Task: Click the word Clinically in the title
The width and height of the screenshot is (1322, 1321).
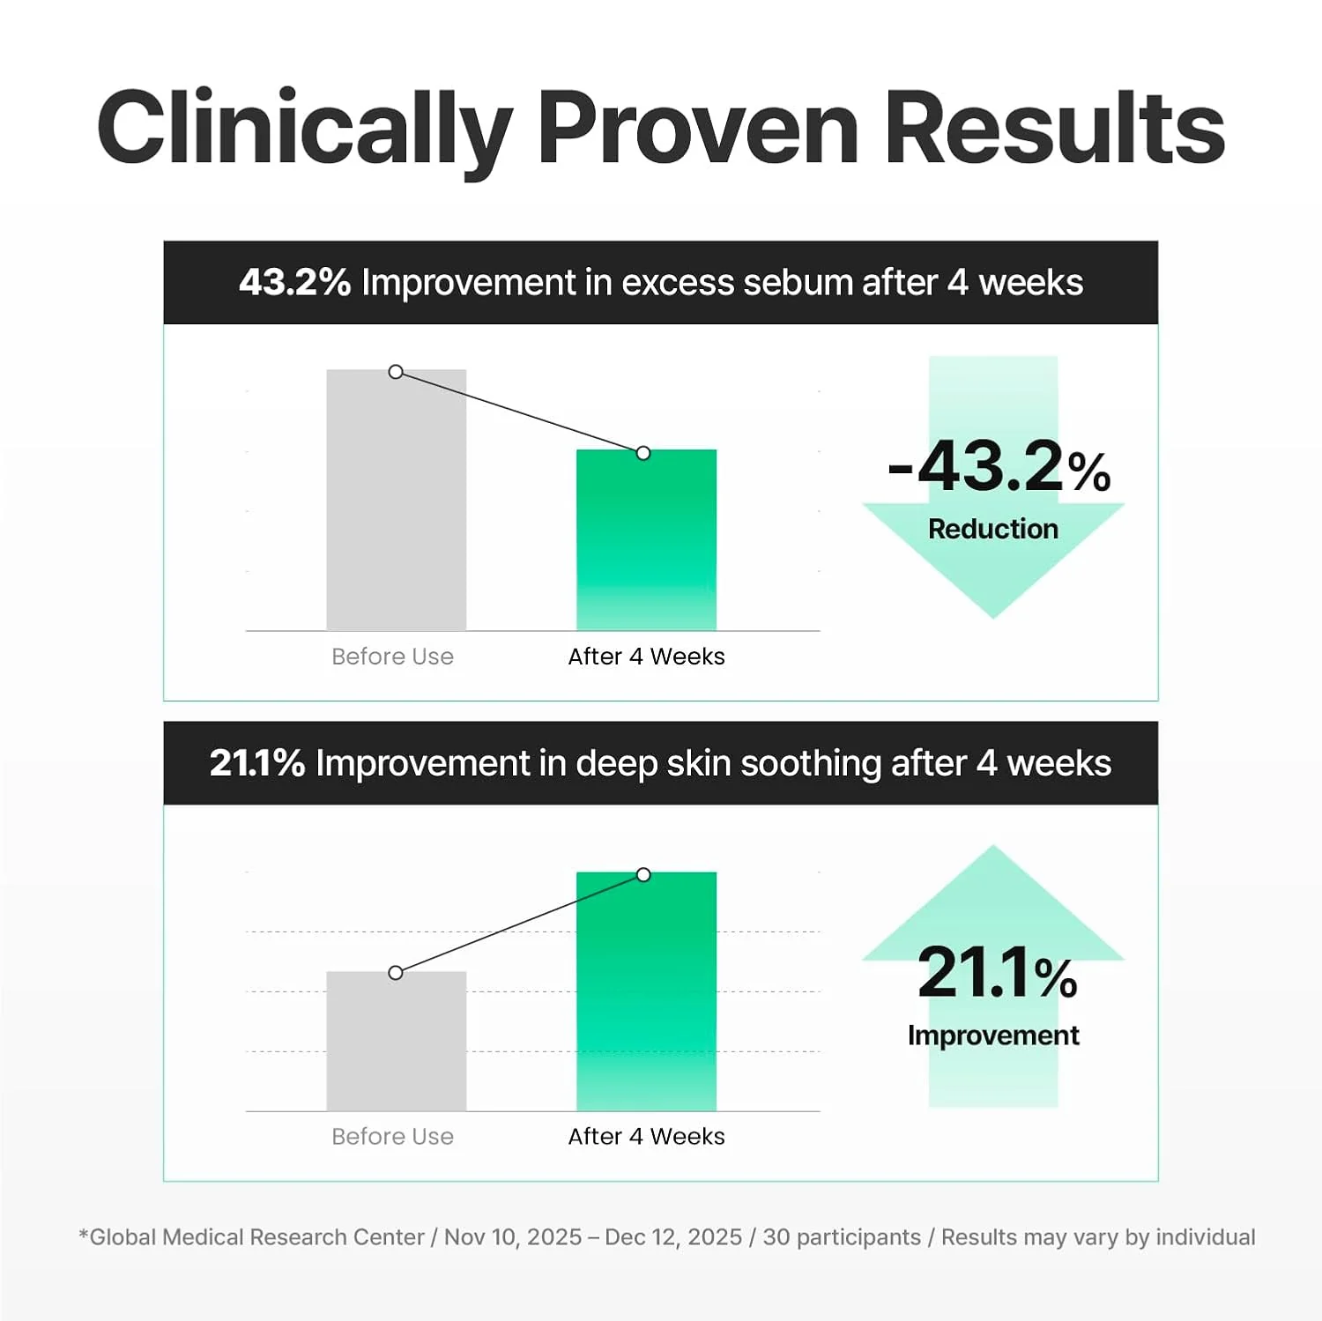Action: tap(304, 130)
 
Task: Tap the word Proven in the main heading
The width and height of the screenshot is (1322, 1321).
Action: tap(698, 128)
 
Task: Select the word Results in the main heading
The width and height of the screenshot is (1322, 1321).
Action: tap(1054, 128)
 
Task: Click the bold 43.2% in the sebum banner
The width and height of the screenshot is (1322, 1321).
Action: tap(294, 283)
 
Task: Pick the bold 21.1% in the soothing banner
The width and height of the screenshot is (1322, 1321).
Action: tap(256, 763)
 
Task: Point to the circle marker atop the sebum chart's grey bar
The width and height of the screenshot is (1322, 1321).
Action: tap(396, 372)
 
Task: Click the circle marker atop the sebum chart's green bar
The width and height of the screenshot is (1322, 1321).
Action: tap(643, 453)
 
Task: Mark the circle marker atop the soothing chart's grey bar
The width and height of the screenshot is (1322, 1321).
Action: tap(396, 973)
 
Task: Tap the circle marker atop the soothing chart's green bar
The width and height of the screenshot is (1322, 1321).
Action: tap(643, 875)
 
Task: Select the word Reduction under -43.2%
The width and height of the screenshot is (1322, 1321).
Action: tap(993, 529)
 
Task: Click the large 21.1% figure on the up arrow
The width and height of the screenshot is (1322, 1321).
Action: tap(997, 973)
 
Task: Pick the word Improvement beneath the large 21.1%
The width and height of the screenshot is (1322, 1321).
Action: tap(993, 1035)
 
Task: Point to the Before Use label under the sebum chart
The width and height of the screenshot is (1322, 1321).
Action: tap(392, 657)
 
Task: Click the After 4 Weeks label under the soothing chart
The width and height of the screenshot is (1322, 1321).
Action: tap(646, 1137)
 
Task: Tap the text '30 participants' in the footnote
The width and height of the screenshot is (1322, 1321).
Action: tap(841, 1237)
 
